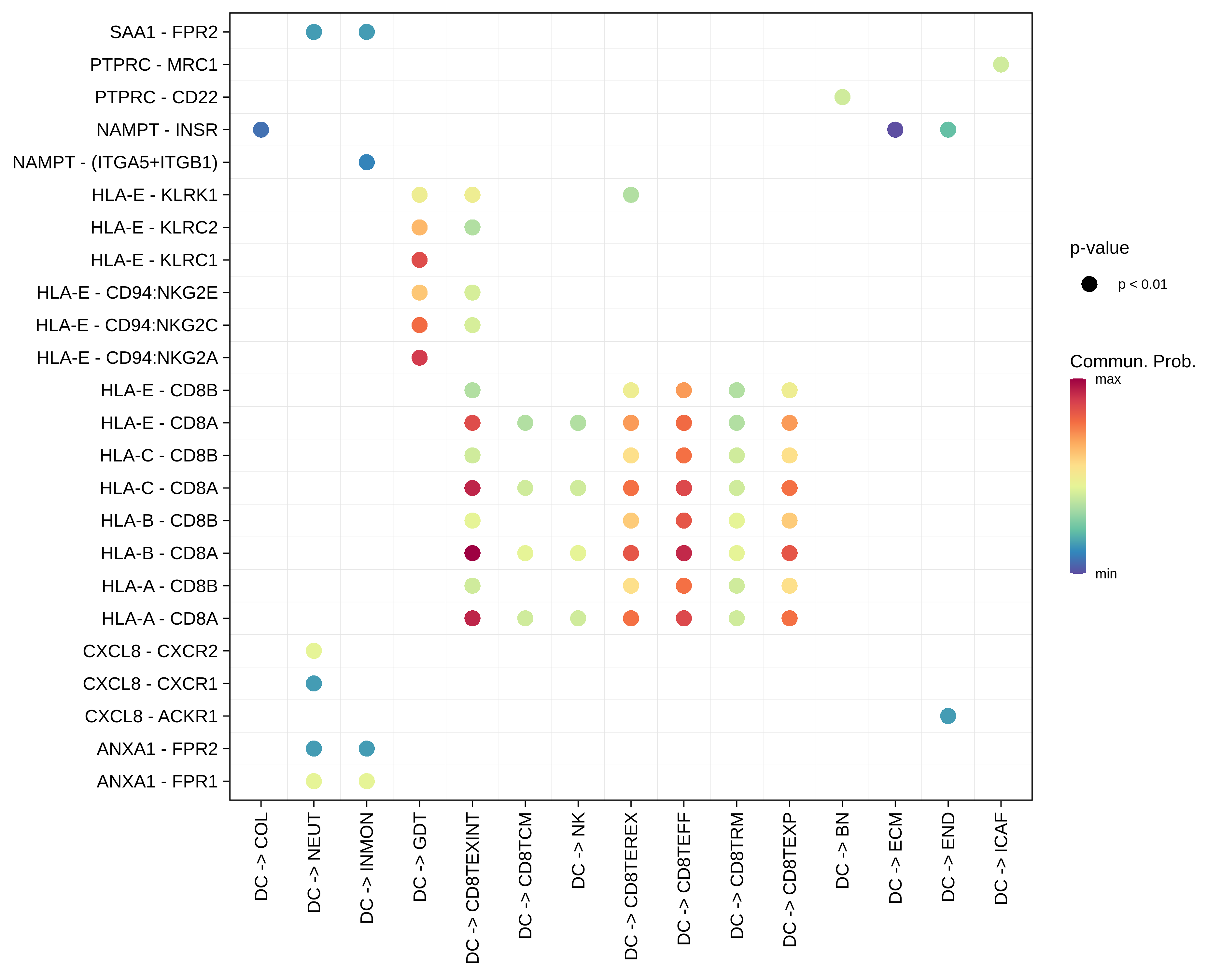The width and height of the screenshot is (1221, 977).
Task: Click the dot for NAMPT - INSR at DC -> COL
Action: pyautogui.click(x=260, y=130)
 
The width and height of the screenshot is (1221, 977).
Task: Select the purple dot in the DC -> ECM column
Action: pyautogui.click(x=895, y=130)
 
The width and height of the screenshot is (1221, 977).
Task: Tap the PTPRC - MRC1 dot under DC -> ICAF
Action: pyautogui.click(x=1001, y=64)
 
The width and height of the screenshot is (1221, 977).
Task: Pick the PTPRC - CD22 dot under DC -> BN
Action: pyautogui.click(x=842, y=97)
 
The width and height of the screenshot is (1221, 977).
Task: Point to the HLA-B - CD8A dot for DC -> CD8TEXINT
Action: pyautogui.click(x=472, y=553)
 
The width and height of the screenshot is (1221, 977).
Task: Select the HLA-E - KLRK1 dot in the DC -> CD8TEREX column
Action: pyautogui.click(x=631, y=195)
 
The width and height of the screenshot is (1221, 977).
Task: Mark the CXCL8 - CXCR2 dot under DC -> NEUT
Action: pyautogui.click(x=314, y=651)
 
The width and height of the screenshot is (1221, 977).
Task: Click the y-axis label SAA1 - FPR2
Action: pyautogui.click(x=164, y=32)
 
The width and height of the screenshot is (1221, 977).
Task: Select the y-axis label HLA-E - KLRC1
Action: pyautogui.click(x=154, y=260)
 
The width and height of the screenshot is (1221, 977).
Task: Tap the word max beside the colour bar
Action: pyautogui.click(x=1108, y=379)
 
